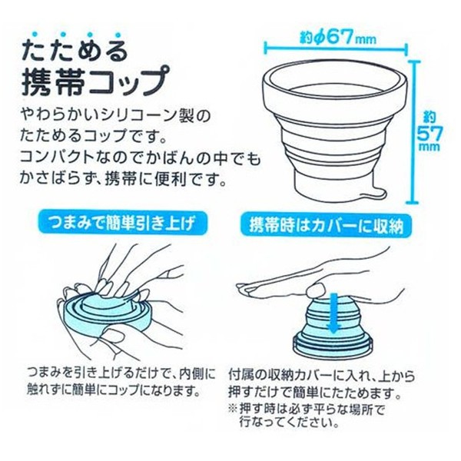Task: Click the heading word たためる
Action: tap(75, 51)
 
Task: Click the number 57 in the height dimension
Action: tap(429, 134)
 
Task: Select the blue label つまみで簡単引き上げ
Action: tap(123, 223)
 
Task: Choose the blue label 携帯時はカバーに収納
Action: tap(327, 225)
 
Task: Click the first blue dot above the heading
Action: tap(35, 34)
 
